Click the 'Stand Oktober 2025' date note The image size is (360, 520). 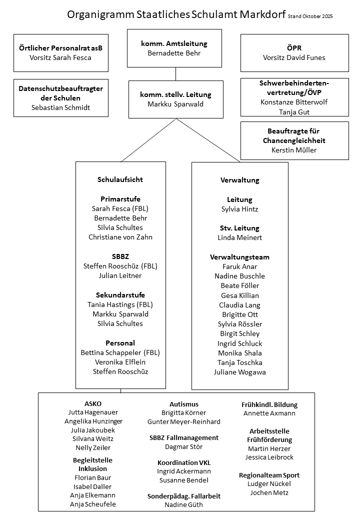point(310,16)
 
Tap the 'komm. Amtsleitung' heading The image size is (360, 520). point(174,43)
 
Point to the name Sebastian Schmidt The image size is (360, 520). point(60,107)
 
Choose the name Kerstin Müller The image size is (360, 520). point(294,150)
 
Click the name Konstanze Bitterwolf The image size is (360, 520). point(293,101)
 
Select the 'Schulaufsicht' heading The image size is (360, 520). point(120,179)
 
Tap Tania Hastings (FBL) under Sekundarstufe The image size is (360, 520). point(120,304)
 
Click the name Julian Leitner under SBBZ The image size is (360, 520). point(120,275)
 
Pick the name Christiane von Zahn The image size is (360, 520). point(120,237)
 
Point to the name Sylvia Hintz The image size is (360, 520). point(239,209)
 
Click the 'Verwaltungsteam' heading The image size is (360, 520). point(239,257)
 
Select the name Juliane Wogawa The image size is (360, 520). point(239,372)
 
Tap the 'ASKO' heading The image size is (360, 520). point(93,403)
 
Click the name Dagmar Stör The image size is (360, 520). point(183,446)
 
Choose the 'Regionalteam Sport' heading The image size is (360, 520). point(269,475)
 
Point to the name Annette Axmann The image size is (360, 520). point(269,413)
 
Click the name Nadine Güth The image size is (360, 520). point(183,504)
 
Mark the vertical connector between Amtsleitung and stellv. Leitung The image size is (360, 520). point(175,73)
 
